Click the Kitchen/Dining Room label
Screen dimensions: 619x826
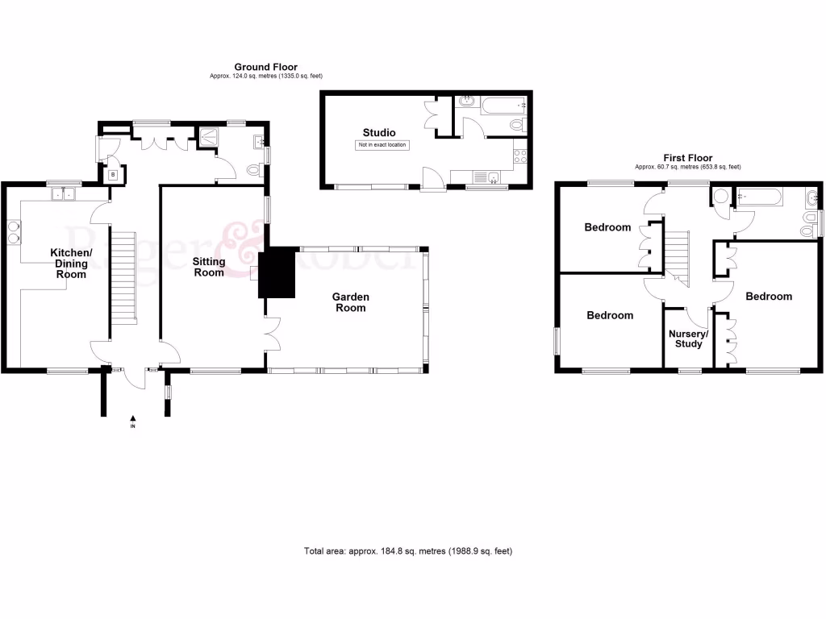click(x=73, y=264)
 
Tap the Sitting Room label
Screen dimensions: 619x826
click(x=208, y=267)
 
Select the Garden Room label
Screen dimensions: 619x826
click(x=350, y=302)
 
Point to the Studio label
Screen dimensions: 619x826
click(x=378, y=132)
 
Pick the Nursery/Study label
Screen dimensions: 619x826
click(x=688, y=339)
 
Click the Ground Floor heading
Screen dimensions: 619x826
click(x=265, y=67)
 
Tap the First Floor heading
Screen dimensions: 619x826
click(x=687, y=158)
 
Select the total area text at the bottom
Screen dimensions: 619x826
click(x=407, y=551)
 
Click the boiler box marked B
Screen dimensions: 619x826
click(x=113, y=175)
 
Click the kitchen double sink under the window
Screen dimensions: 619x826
click(x=62, y=193)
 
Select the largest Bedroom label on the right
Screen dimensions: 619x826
click(x=768, y=297)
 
